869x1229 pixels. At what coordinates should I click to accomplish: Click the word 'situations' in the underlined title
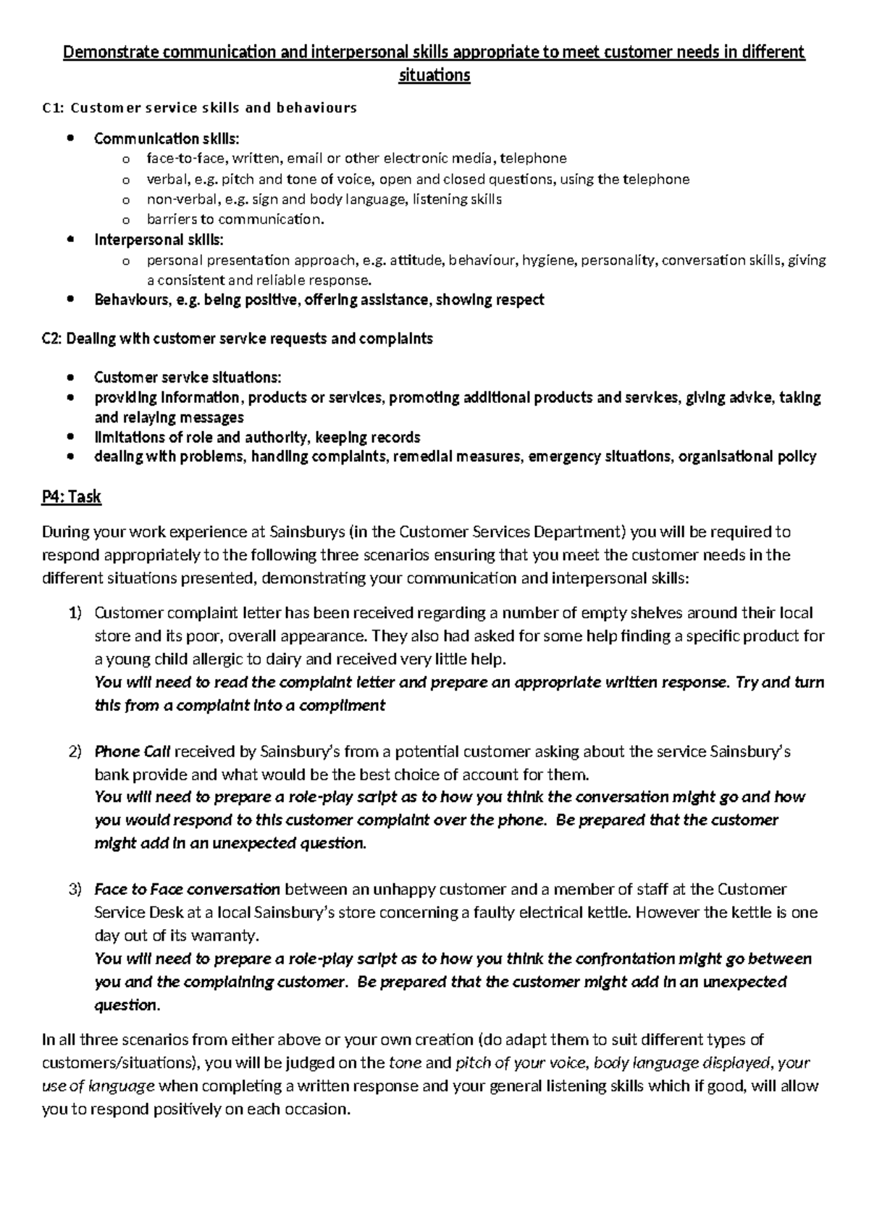[x=434, y=75]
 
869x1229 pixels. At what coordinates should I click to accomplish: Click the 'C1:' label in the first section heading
[x=53, y=108]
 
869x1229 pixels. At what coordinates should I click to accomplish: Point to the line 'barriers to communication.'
[x=235, y=219]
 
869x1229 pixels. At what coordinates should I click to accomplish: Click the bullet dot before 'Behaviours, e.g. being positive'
[x=70, y=300]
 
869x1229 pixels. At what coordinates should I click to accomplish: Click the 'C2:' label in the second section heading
[x=53, y=338]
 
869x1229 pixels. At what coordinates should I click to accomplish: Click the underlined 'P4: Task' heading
[x=71, y=497]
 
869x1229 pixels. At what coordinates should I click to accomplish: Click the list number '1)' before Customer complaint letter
[x=76, y=613]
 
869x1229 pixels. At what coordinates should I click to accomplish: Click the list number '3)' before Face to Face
[x=76, y=889]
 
